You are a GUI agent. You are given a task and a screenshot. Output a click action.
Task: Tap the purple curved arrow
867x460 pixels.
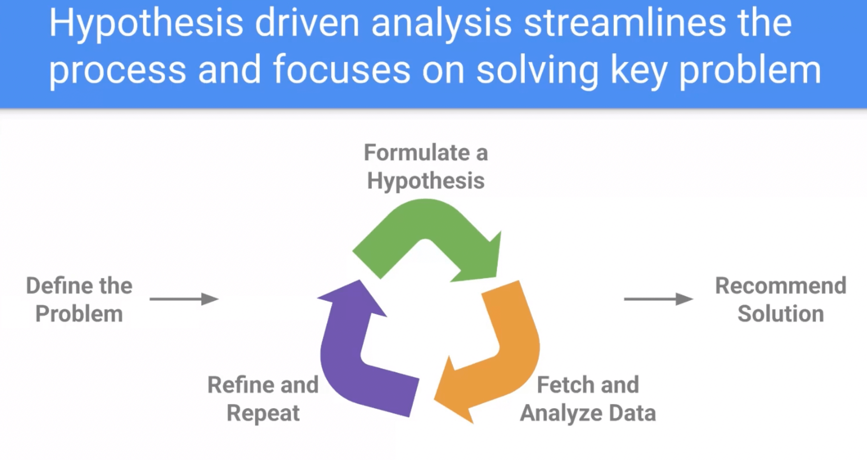pyautogui.click(x=346, y=358)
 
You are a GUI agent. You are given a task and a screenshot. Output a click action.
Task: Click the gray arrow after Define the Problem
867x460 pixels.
pyautogui.click(x=184, y=299)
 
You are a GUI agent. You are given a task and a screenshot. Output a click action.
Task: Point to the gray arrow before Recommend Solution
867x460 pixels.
pyautogui.click(x=658, y=299)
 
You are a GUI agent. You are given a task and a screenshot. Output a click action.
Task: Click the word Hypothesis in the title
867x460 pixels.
pyautogui.click(x=146, y=24)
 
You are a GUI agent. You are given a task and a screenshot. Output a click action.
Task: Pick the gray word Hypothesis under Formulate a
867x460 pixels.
pyautogui.click(x=426, y=181)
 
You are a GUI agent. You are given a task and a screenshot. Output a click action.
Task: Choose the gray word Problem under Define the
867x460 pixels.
pyautogui.click(x=79, y=314)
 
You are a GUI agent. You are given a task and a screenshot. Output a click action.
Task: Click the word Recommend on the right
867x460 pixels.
pyautogui.click(x=781, y=286)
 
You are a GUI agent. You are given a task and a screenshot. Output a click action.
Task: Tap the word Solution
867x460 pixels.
pyautogui.click(x=781, y=314)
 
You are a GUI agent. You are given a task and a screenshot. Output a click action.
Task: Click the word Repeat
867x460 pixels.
pyautogui.click(x=263, y=413)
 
